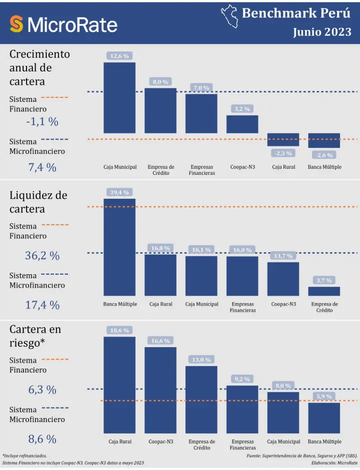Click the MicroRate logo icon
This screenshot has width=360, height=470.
(x=16, y=24)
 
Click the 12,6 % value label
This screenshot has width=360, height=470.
(x=119, y=56)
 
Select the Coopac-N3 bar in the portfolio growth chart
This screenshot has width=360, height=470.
(x=242, y=124)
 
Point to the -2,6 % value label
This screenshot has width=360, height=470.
(x=324, y=155)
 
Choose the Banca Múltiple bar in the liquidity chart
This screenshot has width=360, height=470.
(x=119, y=247)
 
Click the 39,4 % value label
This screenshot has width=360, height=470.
(x=119, y=192)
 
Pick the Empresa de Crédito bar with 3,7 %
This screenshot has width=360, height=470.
(x=324, y=291)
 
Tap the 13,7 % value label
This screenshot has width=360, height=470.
(x=283, y=256)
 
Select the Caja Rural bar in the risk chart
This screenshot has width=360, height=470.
(x=119, y=385)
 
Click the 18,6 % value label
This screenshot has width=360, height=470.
(x=119, y=330)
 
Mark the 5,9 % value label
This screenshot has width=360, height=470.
(x=324, y=397)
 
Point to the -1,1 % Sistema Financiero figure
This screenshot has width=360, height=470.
(x=42, y=121)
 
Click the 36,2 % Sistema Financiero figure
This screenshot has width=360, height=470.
(x=42, y=256)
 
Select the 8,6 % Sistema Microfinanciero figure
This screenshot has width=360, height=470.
(x=42, y=440)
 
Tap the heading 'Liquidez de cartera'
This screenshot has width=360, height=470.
(x=38, y=202)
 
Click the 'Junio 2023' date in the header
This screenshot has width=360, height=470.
(x=322, y=32)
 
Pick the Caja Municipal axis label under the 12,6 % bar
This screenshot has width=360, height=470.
(x=120, y=167)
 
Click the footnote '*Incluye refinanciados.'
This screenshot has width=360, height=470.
(x=24, y=456)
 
